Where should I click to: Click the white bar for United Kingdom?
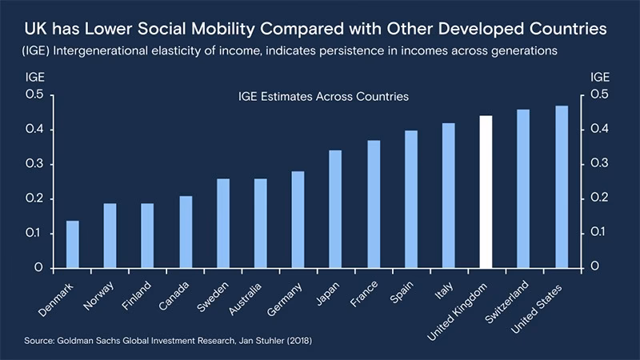486,192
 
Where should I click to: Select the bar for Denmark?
73,244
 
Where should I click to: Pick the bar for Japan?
335,209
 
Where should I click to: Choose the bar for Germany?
298,219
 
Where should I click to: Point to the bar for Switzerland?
523,189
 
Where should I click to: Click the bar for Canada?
185,231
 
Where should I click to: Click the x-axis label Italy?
443,290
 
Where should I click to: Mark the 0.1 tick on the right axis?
598,233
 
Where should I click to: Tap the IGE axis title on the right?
599,78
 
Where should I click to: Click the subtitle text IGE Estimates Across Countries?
323,97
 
